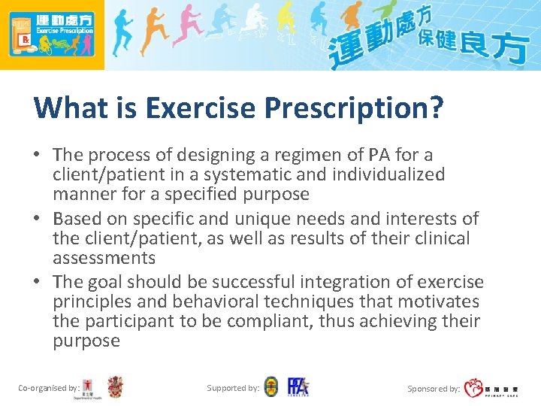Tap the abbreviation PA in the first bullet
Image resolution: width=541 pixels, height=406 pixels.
click(x=378, y=155)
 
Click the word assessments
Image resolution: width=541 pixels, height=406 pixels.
click(x=104, y=258)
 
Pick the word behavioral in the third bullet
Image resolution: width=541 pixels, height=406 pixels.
click(x=203, y=301)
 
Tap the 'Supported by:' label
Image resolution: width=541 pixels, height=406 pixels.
click(x=232, y=388)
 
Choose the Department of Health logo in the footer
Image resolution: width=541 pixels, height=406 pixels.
click(x=89, y=388)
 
